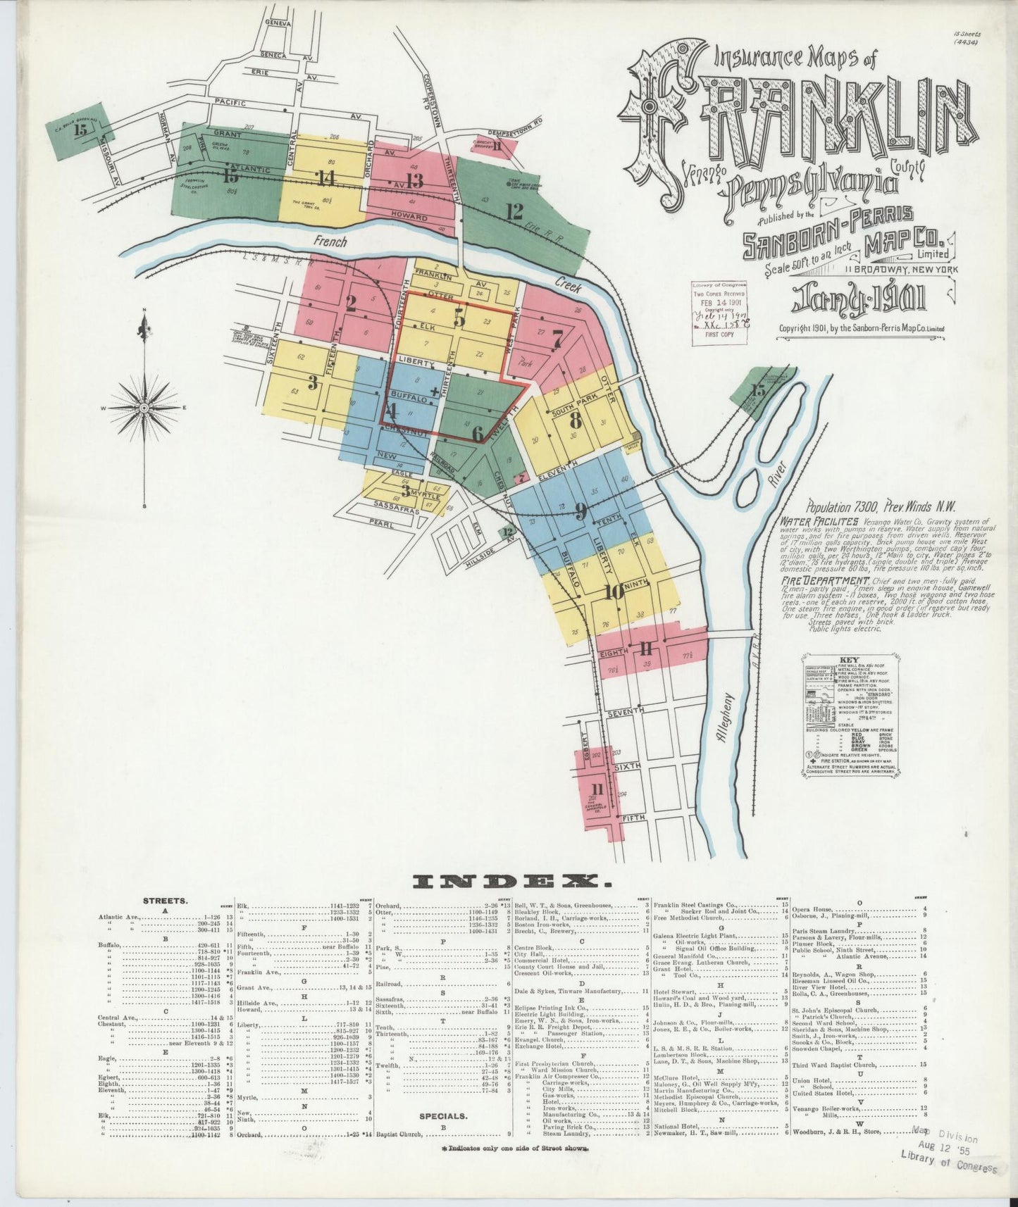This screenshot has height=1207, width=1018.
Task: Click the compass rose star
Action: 144,408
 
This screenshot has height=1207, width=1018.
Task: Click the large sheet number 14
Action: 325,177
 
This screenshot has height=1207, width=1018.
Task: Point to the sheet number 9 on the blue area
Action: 581,512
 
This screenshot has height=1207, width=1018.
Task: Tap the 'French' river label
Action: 330,242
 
